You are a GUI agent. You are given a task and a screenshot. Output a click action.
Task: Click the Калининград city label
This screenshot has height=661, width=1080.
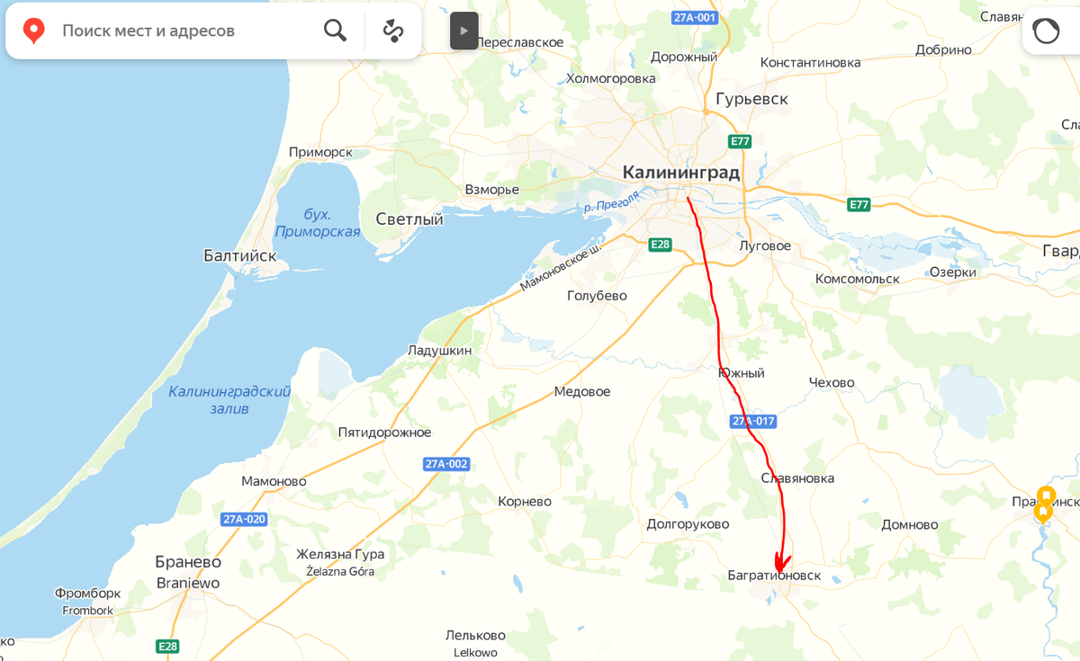(x=680, y=173)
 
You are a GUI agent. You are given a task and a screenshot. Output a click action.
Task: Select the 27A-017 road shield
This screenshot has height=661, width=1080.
(x=752, y=421)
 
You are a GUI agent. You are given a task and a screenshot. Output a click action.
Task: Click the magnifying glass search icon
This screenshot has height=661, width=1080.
(x=335, y=31)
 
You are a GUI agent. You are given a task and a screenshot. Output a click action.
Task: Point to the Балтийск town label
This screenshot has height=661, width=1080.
(x=239, y=256)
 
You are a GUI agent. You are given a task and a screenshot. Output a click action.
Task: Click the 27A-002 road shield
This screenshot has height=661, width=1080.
(x=446, y=464)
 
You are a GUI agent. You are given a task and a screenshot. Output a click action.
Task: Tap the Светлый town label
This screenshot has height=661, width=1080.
(x=409, y=219)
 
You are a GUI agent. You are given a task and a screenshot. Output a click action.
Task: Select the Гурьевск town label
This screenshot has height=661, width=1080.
(x=751, y=99)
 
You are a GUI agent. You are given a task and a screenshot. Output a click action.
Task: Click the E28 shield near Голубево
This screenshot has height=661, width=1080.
(x=661, y=244)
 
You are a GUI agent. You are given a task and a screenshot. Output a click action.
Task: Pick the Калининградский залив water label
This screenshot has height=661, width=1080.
(x=229, y=400)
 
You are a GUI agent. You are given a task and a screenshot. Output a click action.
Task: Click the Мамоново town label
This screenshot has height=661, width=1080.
(x=274, y=481)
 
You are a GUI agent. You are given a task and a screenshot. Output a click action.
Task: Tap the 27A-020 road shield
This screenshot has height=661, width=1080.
(x=244, y=519)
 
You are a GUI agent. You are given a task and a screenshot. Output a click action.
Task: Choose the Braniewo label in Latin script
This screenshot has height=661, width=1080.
(x=188, y=582)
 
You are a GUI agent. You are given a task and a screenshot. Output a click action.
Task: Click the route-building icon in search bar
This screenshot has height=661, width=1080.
(x=393, y=31)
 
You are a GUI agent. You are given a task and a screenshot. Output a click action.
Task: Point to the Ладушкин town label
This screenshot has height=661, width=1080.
(x=439, y=350)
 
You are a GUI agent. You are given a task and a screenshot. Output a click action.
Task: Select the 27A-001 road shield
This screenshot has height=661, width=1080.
(x=695, y=17)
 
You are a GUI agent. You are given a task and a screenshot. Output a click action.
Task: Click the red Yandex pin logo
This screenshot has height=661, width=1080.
(x=33, y=31)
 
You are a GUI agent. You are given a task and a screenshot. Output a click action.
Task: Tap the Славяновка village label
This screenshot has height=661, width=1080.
(x=797, y=478)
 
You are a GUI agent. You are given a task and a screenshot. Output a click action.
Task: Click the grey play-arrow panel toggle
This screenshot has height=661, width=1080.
(x=463, y=31)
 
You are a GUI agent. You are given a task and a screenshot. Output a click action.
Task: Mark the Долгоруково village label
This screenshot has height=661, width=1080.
(x=688, y=523)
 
